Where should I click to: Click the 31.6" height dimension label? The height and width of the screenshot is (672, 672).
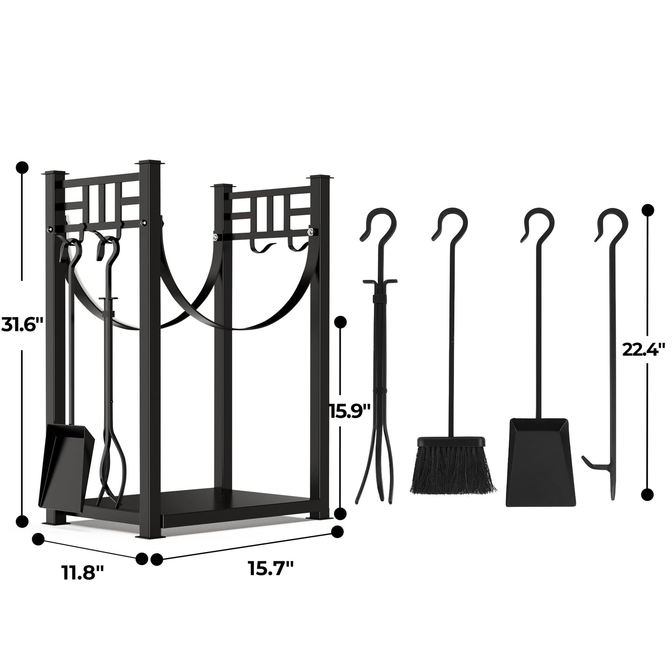[x=21, y=324]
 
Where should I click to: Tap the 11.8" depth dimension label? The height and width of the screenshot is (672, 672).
[x=83, y=572]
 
